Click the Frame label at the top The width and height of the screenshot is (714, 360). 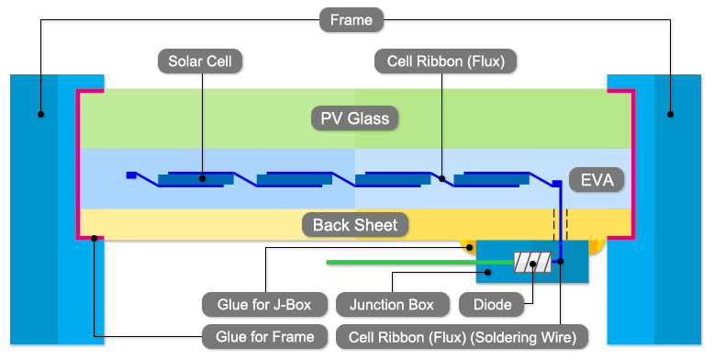click(352, 19)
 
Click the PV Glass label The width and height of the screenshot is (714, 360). click(354, 118)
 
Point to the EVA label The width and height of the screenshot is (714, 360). click(597, 179)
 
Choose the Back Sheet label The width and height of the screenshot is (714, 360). click(355, 225)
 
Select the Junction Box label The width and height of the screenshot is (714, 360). click(392, 304)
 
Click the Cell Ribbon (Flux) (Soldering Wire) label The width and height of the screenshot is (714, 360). click(463, 337)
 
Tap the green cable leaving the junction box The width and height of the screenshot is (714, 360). click(395, 263)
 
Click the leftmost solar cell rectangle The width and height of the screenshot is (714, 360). click(190, 179)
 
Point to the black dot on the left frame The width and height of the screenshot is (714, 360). click(40, 115)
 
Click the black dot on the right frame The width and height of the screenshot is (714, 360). click(670, 115)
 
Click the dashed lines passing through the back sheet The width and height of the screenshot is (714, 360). click(560, 223)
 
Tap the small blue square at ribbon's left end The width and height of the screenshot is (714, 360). click(131, 174)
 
